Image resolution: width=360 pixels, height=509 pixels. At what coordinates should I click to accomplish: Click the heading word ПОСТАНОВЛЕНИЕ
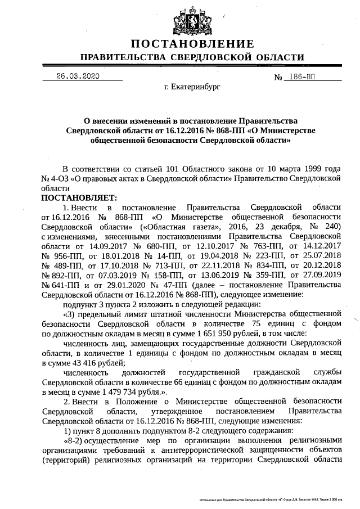coord(192,44)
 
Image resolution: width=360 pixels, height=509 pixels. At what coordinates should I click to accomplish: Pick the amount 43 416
coord(78,363)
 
